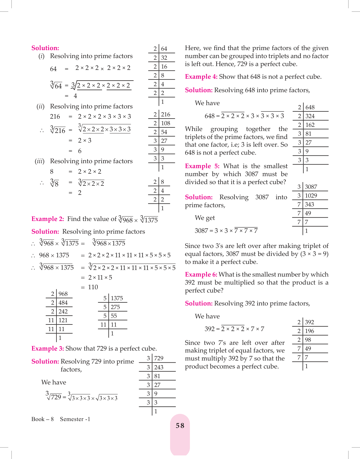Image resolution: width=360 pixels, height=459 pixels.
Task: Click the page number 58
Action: pos(180,426)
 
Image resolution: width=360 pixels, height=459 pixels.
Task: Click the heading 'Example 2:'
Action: pos(48,219)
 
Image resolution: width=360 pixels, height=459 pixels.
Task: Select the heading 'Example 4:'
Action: pos(201,77)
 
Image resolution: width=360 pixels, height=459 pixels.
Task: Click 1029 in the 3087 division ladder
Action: pos(311,196)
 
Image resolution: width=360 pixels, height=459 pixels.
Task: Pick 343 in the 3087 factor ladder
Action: pos(309,204)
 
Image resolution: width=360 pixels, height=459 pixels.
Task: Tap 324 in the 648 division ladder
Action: pos(310,116)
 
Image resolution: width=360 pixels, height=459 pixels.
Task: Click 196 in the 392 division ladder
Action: pos(309,331)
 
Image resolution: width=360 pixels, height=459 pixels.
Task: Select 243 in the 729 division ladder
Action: pos(159,367)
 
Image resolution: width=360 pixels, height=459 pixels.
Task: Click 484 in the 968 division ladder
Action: pos(63,303)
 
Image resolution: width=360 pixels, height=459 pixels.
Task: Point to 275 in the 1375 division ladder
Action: pos(115,307)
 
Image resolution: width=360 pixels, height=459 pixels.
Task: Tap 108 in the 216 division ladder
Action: pos(165,123)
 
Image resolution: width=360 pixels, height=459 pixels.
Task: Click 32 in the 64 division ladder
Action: pos(164,58)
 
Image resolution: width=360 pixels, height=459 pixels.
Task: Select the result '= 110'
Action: pos(90,287)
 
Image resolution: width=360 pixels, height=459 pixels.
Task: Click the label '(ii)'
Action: pos(40,106)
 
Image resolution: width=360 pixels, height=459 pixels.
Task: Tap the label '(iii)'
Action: pos(40,161)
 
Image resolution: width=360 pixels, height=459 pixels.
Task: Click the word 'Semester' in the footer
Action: pos(72,419)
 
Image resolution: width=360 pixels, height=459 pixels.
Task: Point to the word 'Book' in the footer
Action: pos(38,419)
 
